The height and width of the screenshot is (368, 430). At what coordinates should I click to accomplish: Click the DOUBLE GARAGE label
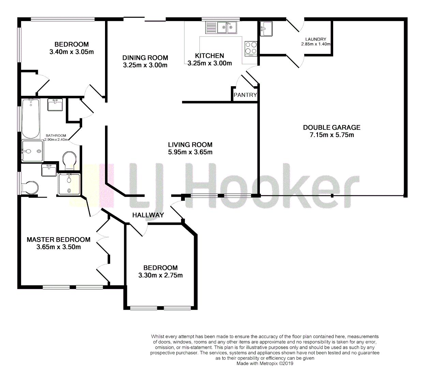(331, 127)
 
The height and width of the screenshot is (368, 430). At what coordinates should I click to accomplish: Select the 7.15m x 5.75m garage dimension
(331, 135)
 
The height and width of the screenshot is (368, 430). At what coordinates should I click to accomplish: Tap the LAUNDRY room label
(316, 39)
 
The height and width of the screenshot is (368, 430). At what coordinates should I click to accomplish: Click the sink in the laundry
(266, 29)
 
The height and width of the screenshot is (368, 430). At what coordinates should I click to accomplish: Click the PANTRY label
(245, 95)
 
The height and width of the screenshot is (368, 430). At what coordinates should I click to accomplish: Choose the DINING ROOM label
(145, 58)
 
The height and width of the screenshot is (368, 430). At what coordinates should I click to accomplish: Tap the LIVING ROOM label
(190, 144)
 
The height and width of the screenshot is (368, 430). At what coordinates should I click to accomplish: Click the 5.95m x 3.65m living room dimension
(190, 152)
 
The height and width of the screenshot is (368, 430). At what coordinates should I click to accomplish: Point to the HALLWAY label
(148, 215)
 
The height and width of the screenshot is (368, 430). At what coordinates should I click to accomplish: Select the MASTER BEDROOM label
(59, 240)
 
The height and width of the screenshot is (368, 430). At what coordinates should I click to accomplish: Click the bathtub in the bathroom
(31, 118)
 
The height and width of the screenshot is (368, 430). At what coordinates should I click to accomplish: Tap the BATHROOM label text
(56, 136)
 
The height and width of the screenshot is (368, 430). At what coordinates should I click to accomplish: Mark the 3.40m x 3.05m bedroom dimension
(72, 52)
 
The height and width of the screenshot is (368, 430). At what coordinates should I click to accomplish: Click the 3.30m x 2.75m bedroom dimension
(160, 275)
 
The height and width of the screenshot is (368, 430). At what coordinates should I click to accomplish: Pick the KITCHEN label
(209, 56)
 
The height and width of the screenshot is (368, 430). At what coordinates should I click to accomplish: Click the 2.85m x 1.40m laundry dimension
(316, 44)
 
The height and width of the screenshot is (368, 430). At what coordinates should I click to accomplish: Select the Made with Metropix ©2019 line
(265, 364)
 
